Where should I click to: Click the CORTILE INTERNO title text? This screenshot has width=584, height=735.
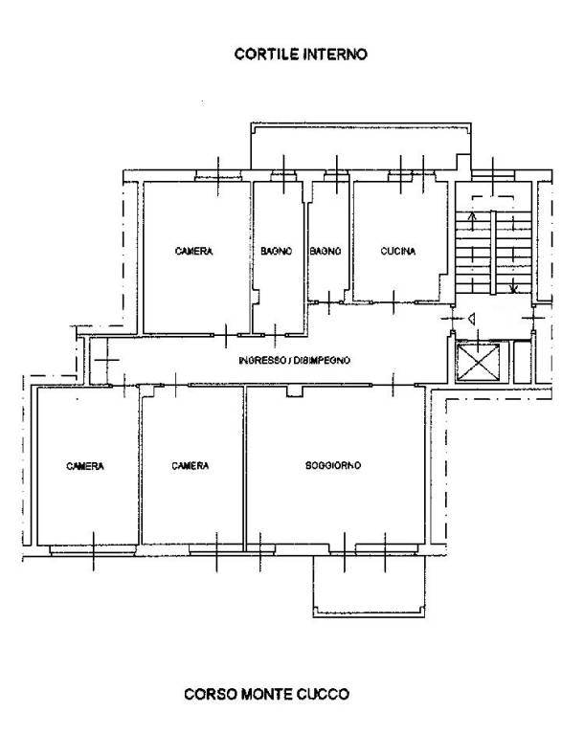301,54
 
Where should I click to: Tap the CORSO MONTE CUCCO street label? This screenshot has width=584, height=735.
266,694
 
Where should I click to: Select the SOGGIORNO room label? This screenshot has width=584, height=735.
333,465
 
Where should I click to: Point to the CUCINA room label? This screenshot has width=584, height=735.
397,252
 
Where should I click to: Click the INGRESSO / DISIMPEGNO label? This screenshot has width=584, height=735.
294,361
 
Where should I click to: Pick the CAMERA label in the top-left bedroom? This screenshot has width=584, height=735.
193,252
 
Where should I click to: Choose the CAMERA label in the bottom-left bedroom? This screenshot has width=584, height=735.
85,466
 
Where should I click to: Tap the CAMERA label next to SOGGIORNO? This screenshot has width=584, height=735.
190,465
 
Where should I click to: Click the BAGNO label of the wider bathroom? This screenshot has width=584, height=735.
277,252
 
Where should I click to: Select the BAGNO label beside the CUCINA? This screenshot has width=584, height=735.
326,252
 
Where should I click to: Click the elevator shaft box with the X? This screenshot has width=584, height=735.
478,363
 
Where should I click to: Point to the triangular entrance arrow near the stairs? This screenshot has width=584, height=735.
472,320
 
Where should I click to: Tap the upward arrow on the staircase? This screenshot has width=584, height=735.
472,222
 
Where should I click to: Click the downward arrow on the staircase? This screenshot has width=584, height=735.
514,282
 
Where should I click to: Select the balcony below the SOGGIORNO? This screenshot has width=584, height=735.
370,586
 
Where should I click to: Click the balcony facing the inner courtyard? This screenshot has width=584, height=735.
361,145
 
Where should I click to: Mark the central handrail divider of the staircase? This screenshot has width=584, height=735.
493,253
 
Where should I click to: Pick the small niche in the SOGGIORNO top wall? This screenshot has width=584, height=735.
295,391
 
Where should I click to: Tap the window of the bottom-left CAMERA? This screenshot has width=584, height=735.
93,550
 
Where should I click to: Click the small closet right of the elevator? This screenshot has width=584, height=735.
523,363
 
